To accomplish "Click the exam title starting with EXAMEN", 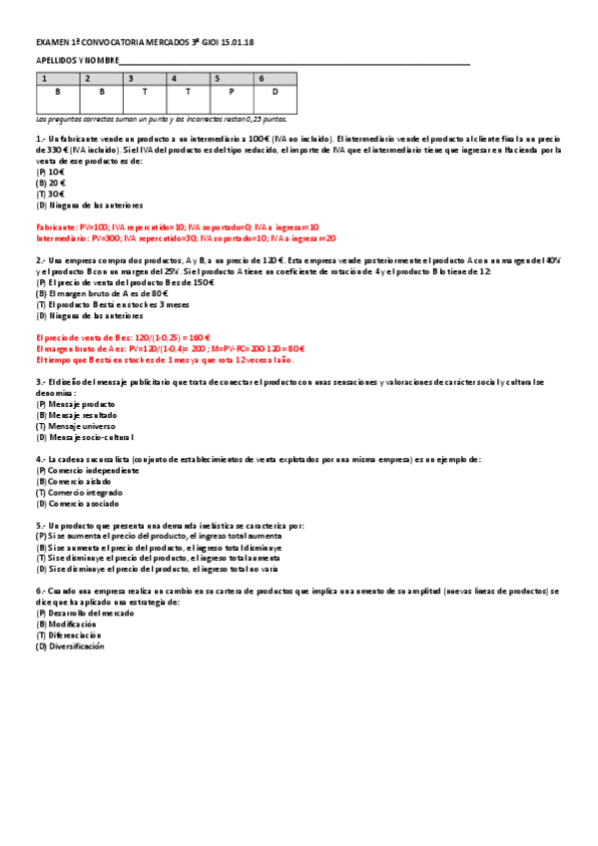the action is pos(145,44).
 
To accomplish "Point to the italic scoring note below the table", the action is pos(161,119).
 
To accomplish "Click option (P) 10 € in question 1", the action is pos(51,172).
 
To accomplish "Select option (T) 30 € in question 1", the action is pos(51,194).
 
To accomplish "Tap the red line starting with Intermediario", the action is pos(186,238).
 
